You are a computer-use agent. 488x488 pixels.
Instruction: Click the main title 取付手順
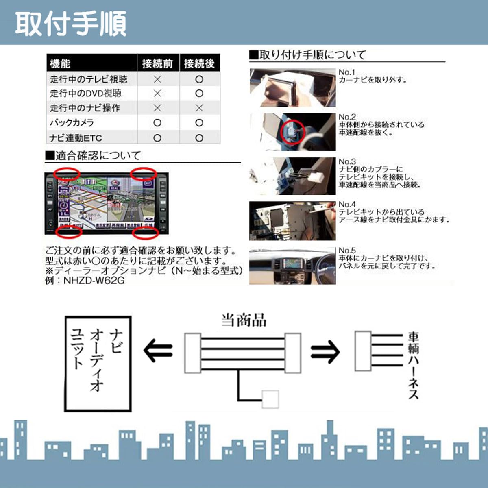71,24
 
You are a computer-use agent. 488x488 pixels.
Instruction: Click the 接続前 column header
157,63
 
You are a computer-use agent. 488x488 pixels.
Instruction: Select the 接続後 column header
199,63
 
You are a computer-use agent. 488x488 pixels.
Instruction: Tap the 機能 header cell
60,63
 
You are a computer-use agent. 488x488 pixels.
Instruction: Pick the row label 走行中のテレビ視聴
89,79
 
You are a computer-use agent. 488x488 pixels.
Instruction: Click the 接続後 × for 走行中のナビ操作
199,108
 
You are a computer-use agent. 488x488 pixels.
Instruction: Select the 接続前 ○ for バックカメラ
157,122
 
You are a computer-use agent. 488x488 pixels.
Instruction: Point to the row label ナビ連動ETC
76,138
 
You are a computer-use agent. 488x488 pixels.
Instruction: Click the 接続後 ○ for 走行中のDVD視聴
199,93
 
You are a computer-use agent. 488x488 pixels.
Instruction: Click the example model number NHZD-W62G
94,281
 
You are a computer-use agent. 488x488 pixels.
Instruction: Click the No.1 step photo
292,87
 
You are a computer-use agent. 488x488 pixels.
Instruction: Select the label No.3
347,161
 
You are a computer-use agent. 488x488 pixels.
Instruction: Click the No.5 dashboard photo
292,266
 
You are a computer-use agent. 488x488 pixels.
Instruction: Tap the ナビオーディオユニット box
98,364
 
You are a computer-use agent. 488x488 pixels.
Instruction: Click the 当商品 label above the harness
244,320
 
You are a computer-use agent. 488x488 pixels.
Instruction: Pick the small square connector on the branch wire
270,399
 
